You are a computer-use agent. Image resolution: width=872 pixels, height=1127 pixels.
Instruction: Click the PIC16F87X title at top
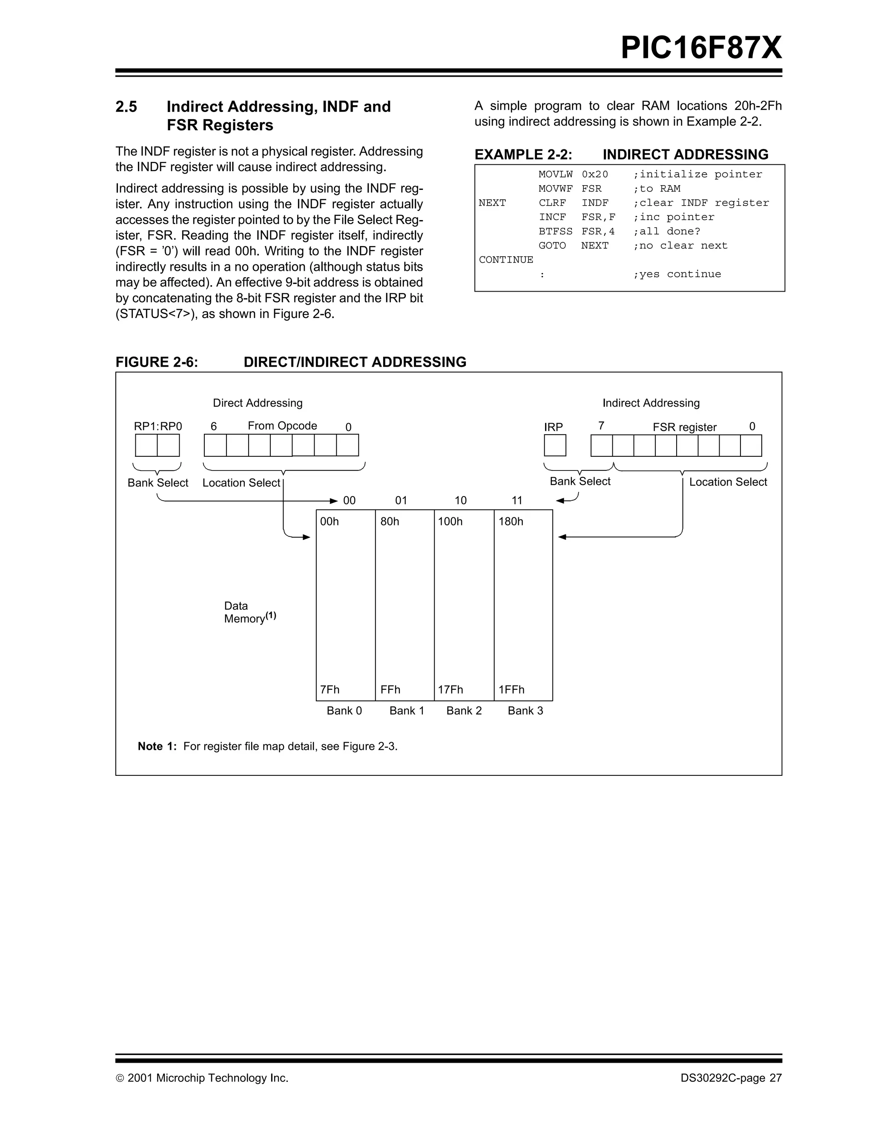click(x=701, y=48)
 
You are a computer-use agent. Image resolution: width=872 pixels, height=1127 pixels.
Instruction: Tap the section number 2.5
click(x=126, y=107)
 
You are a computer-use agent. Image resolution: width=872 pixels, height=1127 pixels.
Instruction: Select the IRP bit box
click(x=555, y=445)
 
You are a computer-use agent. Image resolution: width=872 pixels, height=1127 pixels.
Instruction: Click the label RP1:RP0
click(x=158, y=426)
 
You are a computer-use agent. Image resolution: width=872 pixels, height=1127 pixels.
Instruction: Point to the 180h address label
click(x=511, y=522)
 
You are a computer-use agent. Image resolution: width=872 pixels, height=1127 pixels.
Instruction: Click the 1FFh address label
click(x=511, y=689)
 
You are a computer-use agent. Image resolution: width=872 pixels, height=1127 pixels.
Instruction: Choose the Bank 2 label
click(x=464, y=711)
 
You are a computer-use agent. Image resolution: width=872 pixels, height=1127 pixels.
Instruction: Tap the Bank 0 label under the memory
click(x=344, y=711)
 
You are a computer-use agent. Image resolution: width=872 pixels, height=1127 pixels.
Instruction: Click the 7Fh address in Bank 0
click(x=330, y=689)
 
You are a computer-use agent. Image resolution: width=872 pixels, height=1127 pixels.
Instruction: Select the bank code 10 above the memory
click(x=460, y=501)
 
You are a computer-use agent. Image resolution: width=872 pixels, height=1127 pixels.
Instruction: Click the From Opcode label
click(x=282, y=426)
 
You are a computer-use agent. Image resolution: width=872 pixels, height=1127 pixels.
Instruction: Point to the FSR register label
click(x=684, y=427)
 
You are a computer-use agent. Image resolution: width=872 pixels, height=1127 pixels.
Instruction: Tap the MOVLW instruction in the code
click(x=555, y=175)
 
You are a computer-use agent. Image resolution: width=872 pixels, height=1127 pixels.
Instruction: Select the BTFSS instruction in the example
click(x=555, y=231)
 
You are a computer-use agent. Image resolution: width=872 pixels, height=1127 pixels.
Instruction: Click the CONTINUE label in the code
click(x=506, y=260)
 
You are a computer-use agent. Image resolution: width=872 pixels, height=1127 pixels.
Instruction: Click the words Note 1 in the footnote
click(x=157, y=746)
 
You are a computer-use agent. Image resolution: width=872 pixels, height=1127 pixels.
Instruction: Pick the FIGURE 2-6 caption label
click(x=157, y=362)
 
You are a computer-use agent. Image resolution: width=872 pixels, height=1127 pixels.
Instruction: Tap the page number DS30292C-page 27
click(x=731, y=1078)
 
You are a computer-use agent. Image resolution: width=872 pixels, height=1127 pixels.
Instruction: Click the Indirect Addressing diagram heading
click(x=651, y=403)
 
